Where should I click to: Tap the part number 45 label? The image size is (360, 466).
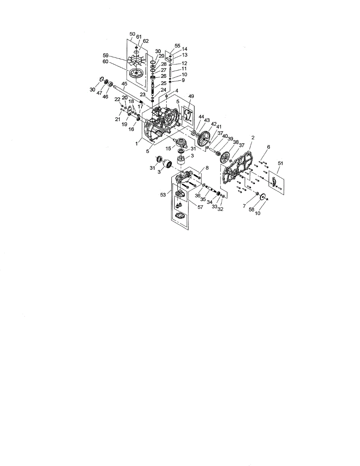click(x=125, y=83)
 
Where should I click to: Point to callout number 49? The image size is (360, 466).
click(x=191, y=96)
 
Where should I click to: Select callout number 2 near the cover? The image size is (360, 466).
click(x=253, y=137)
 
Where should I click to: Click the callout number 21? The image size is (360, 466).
click(x=117, y=119)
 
